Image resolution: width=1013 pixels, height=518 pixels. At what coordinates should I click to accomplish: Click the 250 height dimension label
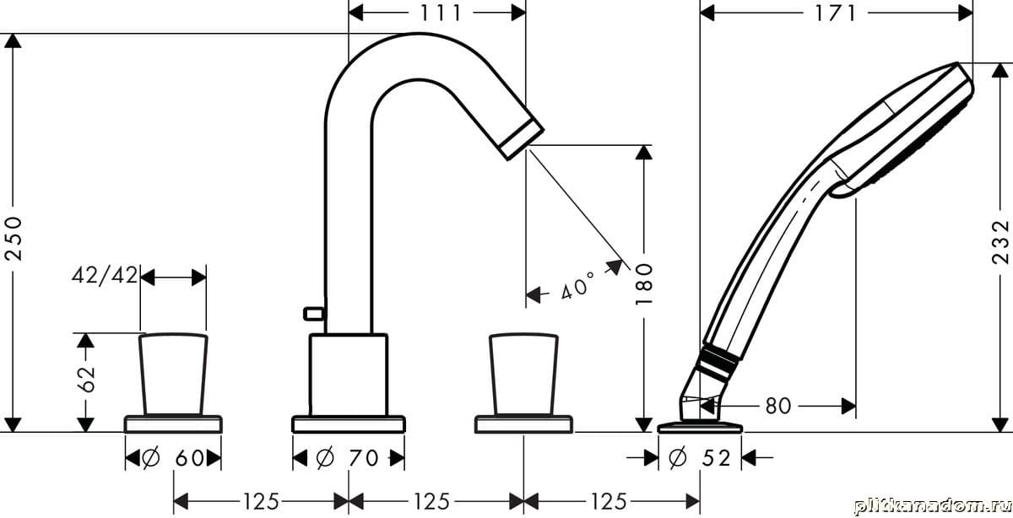[14, 238]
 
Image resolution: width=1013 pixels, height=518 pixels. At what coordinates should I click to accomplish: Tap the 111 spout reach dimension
[441, 13]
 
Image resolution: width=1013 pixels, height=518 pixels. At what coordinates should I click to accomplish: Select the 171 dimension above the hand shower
[835, 13]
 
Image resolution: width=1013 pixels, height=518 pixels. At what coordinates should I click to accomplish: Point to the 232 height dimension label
[1000, 242]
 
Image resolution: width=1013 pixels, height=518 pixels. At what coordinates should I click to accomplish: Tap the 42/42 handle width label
[105, 275]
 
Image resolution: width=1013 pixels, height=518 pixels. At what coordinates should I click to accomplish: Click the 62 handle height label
[86, 379]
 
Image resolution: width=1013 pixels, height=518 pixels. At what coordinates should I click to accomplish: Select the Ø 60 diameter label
[173, 458]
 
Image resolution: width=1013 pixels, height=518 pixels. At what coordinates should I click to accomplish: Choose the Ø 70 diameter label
[347, 458]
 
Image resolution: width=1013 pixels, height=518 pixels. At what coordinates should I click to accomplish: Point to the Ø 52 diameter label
[699, 458]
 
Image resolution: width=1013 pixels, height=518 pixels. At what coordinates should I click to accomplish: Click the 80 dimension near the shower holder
[777, 406]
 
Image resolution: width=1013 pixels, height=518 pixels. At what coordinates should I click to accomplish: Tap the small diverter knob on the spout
[313, 313]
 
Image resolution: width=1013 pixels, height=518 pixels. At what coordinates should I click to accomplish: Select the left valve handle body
[173, 375]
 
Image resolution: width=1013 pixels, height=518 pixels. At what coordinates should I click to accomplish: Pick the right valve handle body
[523, 375]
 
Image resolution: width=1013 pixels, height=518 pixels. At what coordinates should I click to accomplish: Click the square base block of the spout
[349, 375]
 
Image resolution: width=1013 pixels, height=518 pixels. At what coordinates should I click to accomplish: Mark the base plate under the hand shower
[700, 427]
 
